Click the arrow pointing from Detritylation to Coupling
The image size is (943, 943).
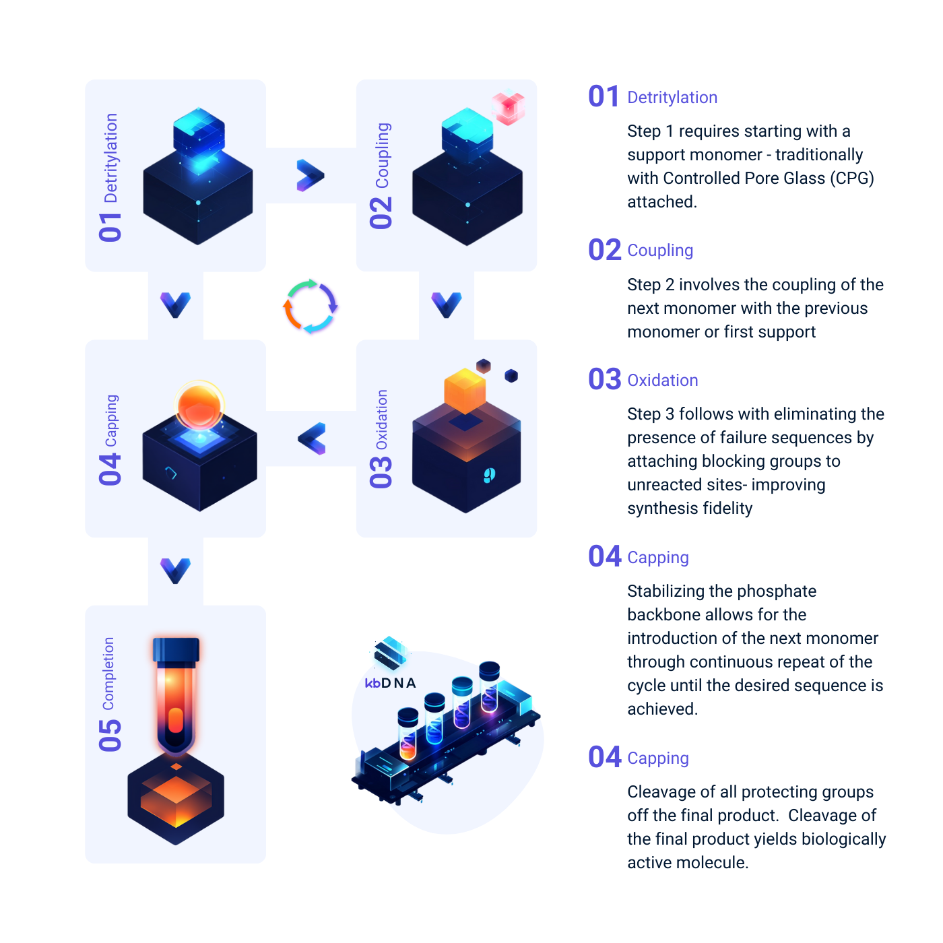tap(310, 175)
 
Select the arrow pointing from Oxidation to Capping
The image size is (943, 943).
tap(311, 438)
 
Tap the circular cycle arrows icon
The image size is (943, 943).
tap(311, 306)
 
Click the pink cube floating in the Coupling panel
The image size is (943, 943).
tap(508, 108)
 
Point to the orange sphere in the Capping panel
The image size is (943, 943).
tap(199, 406)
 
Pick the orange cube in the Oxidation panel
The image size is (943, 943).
tap(464, 392)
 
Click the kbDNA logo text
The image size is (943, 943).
tap(390, 682)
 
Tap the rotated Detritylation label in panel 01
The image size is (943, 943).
tap(111, 158)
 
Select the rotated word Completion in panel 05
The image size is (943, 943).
tap(108, 674)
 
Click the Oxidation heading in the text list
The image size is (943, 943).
tap(662, 381)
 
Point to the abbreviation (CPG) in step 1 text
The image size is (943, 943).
tap(851, 178)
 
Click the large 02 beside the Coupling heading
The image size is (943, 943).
tap(604, 250)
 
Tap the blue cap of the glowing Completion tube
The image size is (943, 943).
tap(176, 649)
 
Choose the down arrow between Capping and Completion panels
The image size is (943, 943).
tap(175, 571)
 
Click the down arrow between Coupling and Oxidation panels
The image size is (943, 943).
tap(447, 305)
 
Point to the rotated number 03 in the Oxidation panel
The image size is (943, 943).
tap(381, 471)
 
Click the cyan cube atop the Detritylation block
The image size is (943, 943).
tap(199, 134)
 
